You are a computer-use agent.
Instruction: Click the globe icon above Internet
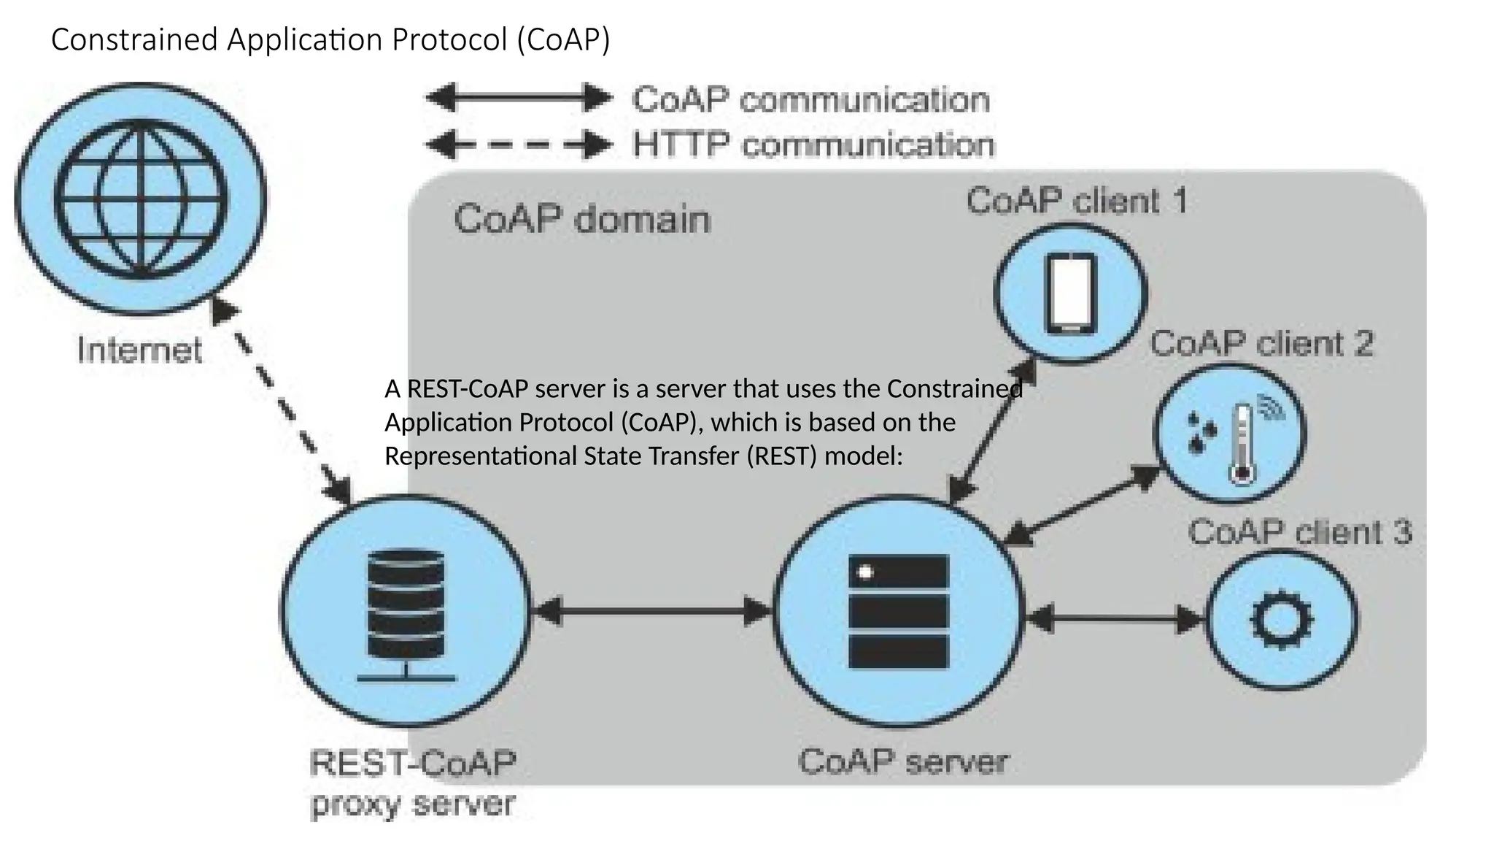(141, 199)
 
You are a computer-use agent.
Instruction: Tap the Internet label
(139, 350)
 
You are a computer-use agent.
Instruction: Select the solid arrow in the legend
(518, 98)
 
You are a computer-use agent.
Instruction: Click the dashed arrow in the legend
(518, 145)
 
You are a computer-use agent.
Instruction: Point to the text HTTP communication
(813, 145)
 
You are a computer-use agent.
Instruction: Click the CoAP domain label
(581, 219)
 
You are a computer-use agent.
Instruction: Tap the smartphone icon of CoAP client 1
(1070, 294)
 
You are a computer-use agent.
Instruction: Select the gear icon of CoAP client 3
(1282, 620)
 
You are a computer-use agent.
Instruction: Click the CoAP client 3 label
(1299, 532)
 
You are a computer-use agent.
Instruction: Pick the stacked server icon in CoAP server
(899, 611)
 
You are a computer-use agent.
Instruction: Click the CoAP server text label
(902, 762)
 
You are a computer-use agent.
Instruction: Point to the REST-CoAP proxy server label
(413, 783)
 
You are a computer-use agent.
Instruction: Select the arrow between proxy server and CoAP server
(652, 611)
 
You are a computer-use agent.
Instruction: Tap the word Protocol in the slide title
(449, 39)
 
